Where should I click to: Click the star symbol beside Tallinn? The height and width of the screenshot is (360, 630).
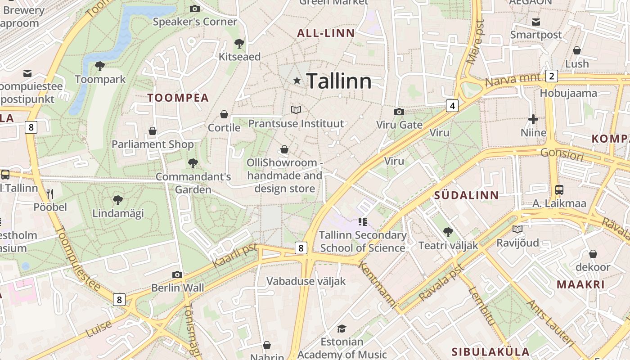point(297,81)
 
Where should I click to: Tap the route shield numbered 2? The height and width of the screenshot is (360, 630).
point(552,76)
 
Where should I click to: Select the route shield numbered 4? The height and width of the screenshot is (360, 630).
point(452,106)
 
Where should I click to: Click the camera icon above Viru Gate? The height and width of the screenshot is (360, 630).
point(399,112)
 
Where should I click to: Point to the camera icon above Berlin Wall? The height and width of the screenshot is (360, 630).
point(177,274)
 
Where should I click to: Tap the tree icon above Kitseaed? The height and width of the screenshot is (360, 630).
point(239,44)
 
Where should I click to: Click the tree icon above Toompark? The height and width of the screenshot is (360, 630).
point(100,67)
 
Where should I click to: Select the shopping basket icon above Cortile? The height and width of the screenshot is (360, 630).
point(224,115)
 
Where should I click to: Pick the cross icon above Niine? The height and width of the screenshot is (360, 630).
point(533,119)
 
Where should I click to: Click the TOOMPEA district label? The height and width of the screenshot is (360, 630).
point(178,98)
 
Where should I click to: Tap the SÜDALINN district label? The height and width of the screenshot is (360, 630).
point(467,195)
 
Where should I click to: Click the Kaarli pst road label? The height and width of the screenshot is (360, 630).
point(234,256)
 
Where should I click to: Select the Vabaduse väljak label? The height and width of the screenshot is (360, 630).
point(306,281)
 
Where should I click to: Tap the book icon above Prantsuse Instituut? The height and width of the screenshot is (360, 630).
point(296,110)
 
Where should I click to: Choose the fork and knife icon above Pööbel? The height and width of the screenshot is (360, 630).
point(50,194)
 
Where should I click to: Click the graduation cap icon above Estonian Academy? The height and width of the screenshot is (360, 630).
point(342,328)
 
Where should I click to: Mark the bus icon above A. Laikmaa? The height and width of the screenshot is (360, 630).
point(559,190)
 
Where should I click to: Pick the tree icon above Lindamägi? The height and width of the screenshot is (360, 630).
point(117,200)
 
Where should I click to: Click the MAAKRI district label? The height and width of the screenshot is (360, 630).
point(580,284)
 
